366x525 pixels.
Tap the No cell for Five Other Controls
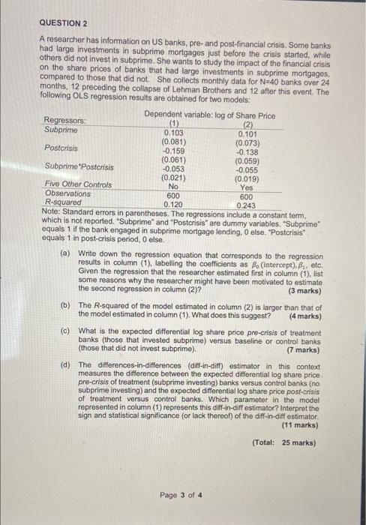point(174,185)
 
